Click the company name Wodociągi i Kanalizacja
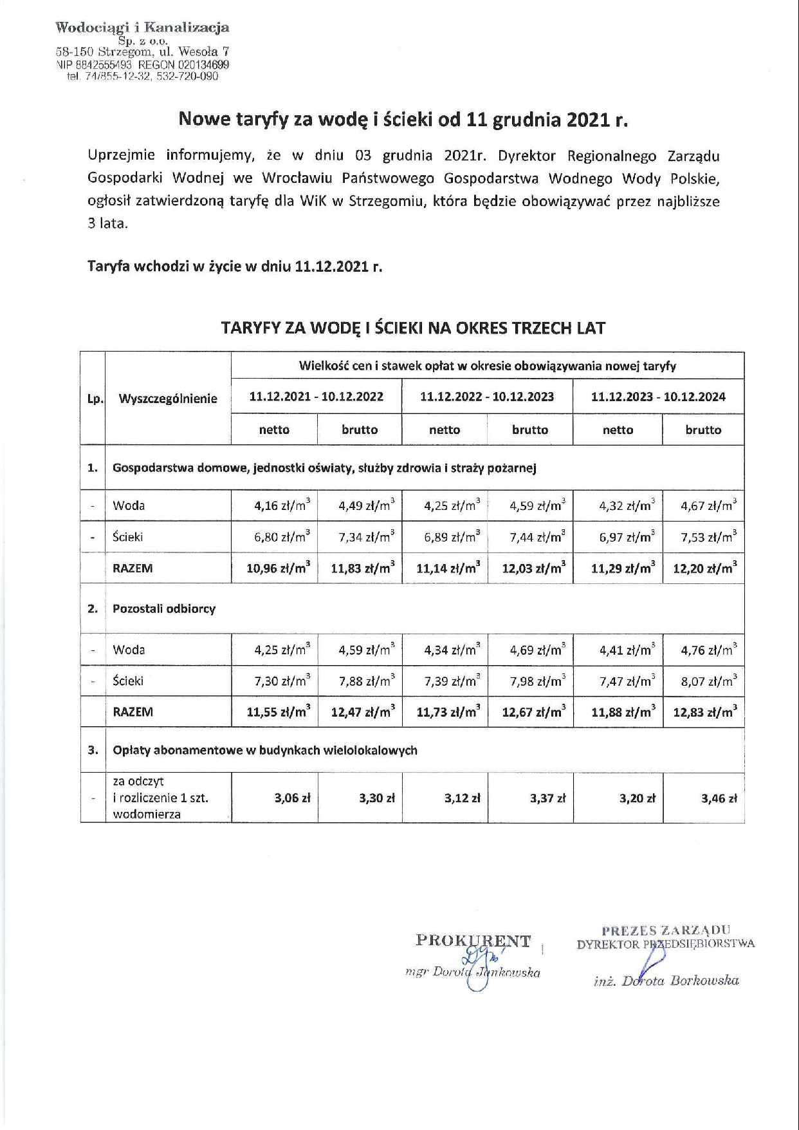pos(142,27)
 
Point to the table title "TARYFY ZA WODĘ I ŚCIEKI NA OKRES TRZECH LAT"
pos(413,328)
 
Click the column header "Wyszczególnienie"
pos(168,399)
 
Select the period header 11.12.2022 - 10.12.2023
pos(487,397)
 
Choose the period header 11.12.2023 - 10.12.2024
pos(658,397)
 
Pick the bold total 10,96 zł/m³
pos(279,568)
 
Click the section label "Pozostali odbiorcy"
pos(164,608)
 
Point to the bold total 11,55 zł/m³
pos(279,712)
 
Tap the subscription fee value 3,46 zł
pos(719,798)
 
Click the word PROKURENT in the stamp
pos(473,941)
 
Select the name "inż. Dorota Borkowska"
pos(666,981)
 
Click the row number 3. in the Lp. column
pos(93,750)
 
